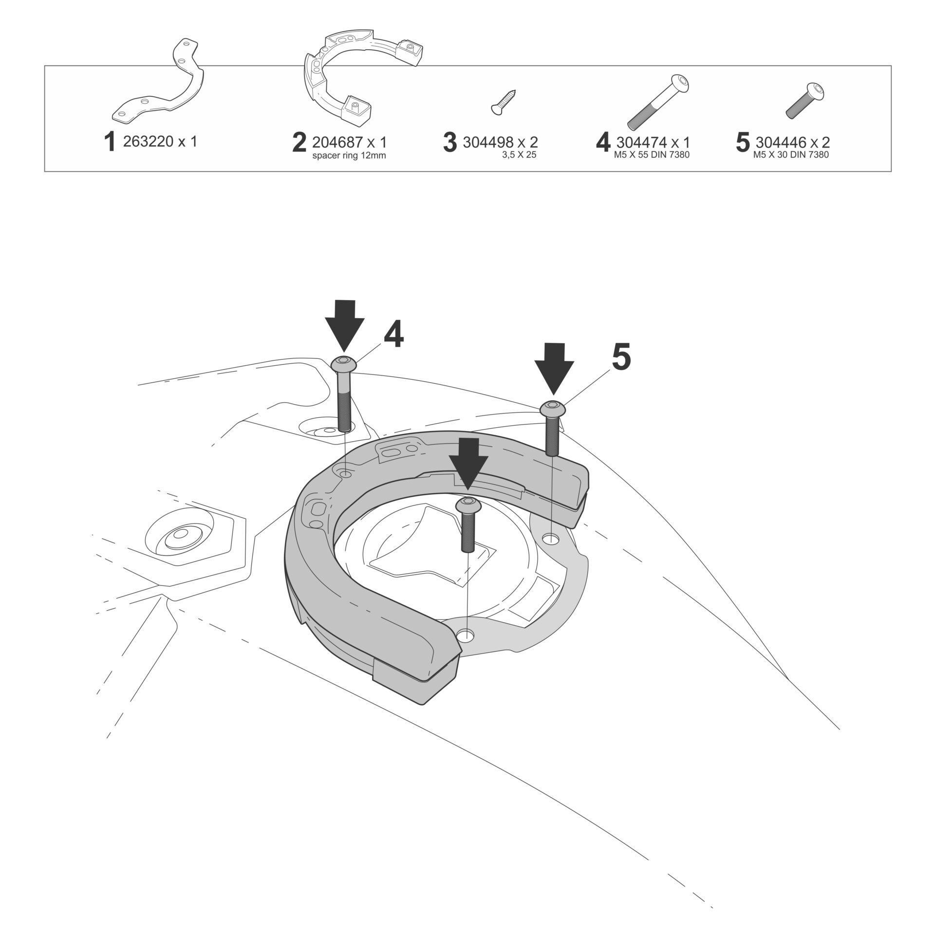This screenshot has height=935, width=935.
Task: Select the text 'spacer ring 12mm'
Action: point(349,156)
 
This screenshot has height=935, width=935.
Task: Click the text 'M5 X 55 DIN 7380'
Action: point(652,155)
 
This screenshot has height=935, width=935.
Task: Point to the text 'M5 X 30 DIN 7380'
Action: point(791,155)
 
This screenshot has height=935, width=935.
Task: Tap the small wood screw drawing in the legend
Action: point(504,101)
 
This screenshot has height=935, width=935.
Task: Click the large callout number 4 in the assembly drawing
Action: point(393,335)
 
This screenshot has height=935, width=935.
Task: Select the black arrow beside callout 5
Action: point(554,368)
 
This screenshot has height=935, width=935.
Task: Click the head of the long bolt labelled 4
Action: point(344,363)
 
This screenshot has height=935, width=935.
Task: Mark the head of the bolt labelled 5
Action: point(553,408)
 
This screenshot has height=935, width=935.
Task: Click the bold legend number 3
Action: point(450,142)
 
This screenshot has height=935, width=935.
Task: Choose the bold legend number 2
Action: point(299,142)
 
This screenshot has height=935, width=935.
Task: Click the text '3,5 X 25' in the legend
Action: point(519,156)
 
